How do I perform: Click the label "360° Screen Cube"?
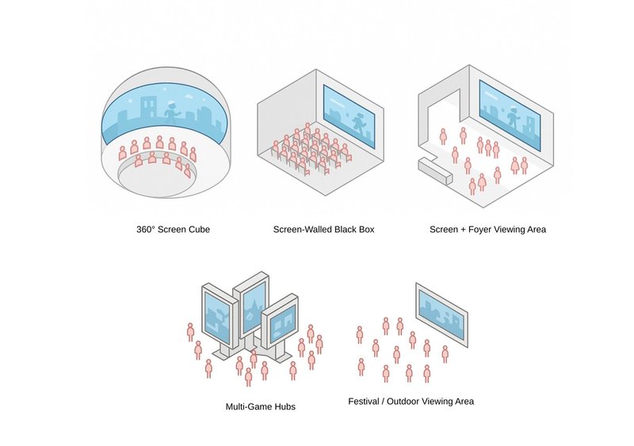173,231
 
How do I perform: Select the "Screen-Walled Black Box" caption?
323,231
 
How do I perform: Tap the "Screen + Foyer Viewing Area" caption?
487,231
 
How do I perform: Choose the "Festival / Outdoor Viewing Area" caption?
411,402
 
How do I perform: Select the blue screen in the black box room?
349,116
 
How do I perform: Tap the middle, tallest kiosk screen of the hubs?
253,304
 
